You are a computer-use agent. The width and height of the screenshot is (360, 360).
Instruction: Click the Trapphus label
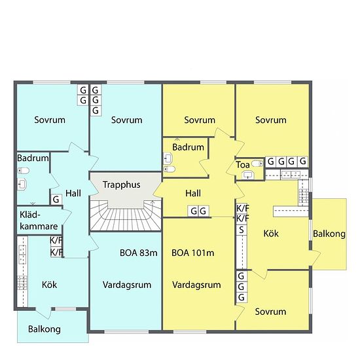point(121,185)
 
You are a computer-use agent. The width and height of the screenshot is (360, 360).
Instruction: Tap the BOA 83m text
point(139,253)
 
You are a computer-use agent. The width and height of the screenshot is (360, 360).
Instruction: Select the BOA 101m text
point(193,253)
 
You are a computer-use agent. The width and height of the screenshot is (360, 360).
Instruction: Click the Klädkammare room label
point(39,221)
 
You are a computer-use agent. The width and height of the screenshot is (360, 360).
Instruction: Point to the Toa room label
point(243,164)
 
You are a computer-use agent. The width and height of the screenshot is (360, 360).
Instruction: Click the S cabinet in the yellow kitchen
point(242,230)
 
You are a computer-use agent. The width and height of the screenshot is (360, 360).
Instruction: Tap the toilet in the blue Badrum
point(24,171)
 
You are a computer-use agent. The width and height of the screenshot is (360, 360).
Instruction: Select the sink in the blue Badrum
point(22,184)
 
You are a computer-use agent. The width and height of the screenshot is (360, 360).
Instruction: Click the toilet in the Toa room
point(257,164)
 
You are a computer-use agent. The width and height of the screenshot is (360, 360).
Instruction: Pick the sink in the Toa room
point(248,175)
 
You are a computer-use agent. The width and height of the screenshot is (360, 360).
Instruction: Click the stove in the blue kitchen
point(22,283)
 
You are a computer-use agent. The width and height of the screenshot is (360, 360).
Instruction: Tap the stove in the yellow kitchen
point(303,196)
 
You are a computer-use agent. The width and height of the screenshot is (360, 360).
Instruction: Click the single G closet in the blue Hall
point(56,200)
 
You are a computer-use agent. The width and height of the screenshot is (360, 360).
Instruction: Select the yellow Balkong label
point(329,234)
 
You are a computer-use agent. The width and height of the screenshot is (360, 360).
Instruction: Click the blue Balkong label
point(45,329)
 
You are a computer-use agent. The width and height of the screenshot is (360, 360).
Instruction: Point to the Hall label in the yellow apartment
point(193,193)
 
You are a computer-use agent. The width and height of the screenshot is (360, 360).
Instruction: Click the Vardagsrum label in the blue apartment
point(127,285)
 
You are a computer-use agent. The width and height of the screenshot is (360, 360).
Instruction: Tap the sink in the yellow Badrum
point(168,158)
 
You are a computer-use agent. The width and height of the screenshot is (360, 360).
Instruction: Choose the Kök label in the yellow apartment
point(271,234)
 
